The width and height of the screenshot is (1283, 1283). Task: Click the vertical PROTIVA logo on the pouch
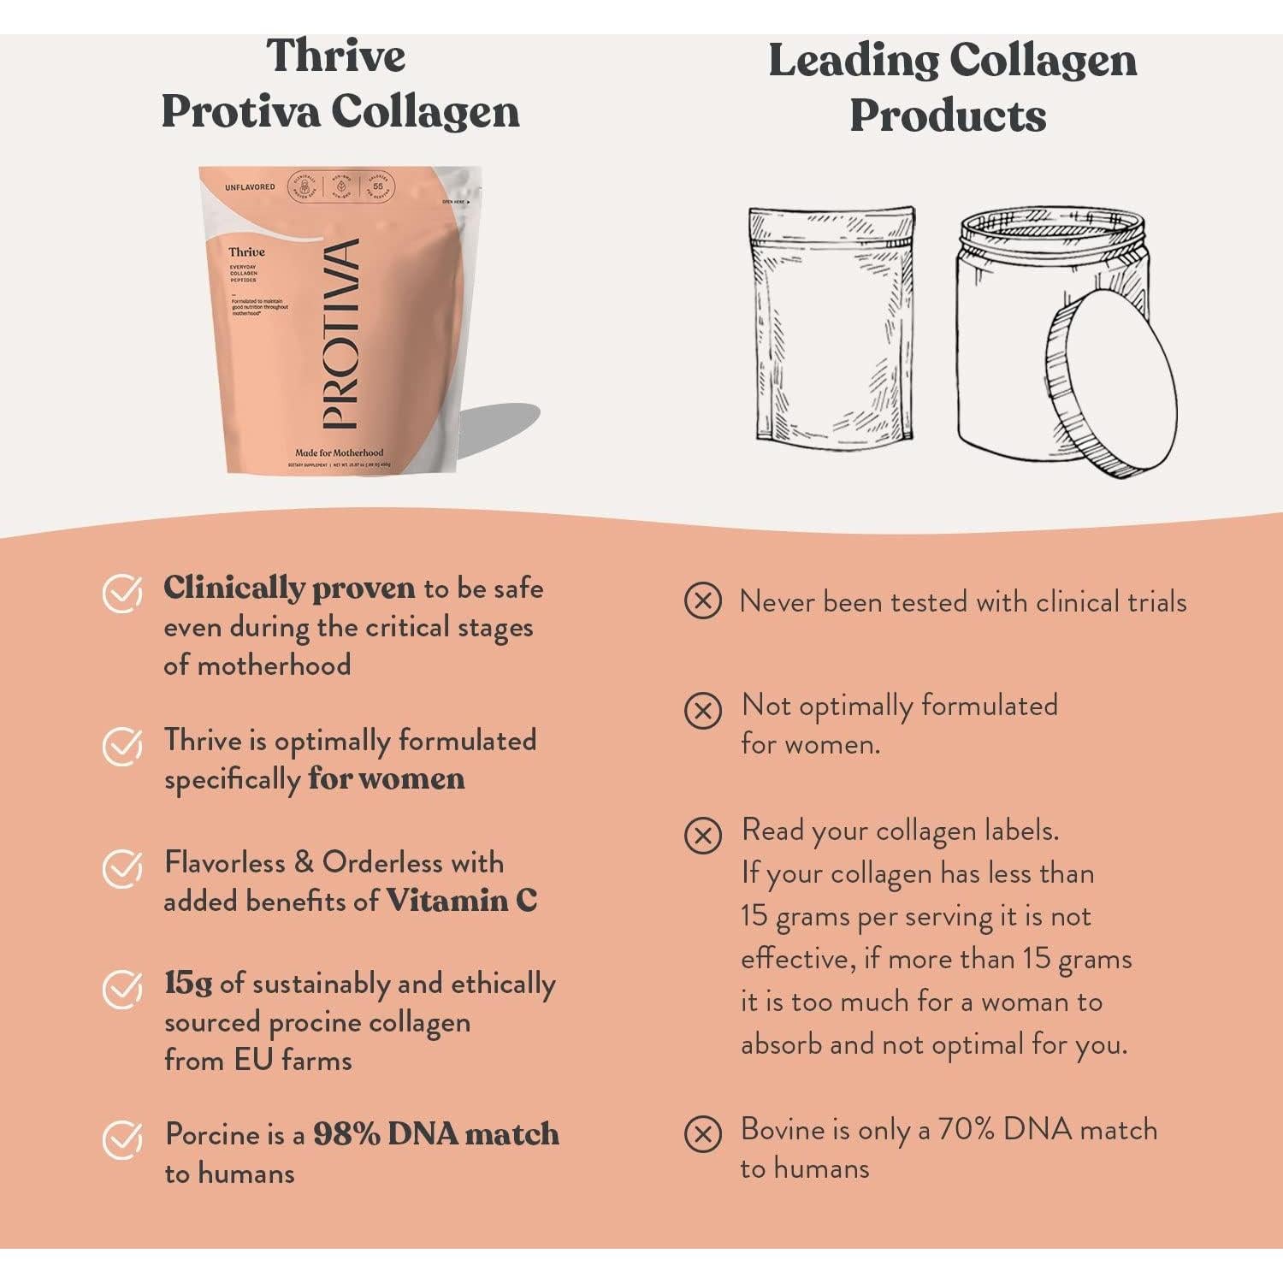coord(340,334)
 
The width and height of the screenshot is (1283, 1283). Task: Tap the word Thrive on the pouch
coord(246,251)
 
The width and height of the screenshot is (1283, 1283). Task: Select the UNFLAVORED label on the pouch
coord(250,186)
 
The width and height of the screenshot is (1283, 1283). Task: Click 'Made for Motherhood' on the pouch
coord(340,452)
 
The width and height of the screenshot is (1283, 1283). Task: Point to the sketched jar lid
coord(1111,381)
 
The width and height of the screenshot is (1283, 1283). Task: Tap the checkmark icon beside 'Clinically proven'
coord(122,593)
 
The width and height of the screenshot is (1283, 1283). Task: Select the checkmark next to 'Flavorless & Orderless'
coord(122,868)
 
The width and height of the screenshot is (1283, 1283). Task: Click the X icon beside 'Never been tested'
coord(703,601)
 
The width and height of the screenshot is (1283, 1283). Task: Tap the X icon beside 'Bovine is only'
coord(703,1134)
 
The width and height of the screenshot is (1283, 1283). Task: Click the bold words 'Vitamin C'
coord(462,901)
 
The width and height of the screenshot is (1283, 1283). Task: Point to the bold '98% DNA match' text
coord(436,1134)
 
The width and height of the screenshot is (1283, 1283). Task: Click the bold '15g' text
coord(188,984)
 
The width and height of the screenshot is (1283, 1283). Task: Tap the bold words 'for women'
coord(387,778)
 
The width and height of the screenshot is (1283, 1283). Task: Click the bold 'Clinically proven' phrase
coord(289,588)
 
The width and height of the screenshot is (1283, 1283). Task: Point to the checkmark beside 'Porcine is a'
coord(122,1139)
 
